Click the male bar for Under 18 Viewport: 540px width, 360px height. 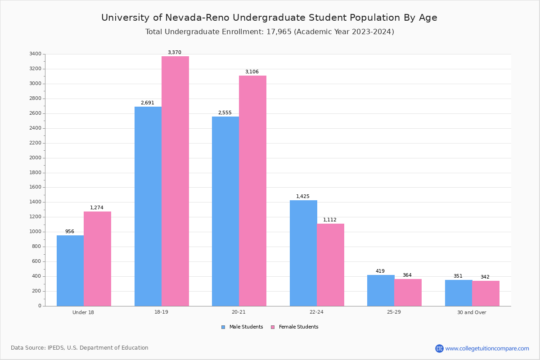pyautogui.click(x=70, y=270)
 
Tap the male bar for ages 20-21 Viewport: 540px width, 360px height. pyautogui.click(x=225, y=211)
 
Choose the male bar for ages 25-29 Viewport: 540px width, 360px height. pyautogui.click(x=381, y=290)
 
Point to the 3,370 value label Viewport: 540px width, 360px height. pyautogui.click(x=175, y=53)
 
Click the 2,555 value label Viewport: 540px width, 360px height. pyautogui.click(x=225, y=113)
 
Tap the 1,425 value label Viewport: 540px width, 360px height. pyautogui.click(x=303, y=197)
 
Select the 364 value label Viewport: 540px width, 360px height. pyautogui.click(x=407, y=275)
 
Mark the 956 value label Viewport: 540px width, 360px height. pyautogui.click(x=70, y=232)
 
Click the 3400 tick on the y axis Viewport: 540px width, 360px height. pyautogui.click(x=35, y=54)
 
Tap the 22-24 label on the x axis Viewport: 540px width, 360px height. pyautogui.click(x=316, y=312)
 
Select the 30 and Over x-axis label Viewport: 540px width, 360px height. pyautogui.click(x=472, y=312)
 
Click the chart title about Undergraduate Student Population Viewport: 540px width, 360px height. pyautogui.click(x=269, y=18)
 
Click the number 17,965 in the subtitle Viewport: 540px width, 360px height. pyautogui.click(x=277, y=32)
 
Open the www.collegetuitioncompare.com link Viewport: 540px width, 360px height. pyautogui.click(x=487, y=348)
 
